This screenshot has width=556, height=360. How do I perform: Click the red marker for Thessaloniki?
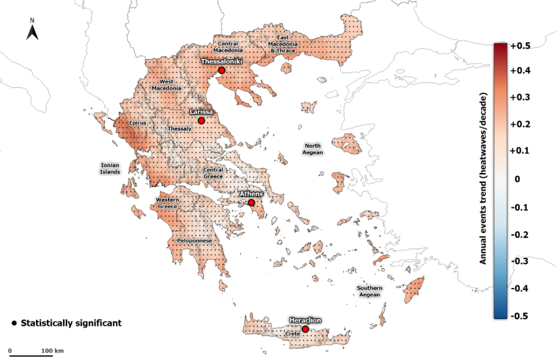(x=221, y=71)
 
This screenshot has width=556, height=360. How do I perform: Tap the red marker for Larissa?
(x=201, y=121)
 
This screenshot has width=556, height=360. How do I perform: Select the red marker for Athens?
(x=251, y=203)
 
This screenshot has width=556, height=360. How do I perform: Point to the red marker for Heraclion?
(x=305, y=329)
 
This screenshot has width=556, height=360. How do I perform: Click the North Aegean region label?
(x=313, y=149)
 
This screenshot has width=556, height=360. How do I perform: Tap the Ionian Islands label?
(x=110, y=168)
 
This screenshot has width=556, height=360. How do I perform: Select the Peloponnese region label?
(x=194, y=241)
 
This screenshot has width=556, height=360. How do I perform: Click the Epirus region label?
(x=137, y=123)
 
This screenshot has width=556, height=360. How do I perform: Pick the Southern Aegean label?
(x=369, y=291)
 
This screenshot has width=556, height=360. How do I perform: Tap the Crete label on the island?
(x=292, y=333)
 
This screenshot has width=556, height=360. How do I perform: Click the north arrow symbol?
(x=32, y=30)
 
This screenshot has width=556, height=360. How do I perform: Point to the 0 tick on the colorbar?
(x=519, y=180)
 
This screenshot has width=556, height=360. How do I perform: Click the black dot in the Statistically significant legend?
(x=15, y=323)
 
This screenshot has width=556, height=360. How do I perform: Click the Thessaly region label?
(x=179, y=129)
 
